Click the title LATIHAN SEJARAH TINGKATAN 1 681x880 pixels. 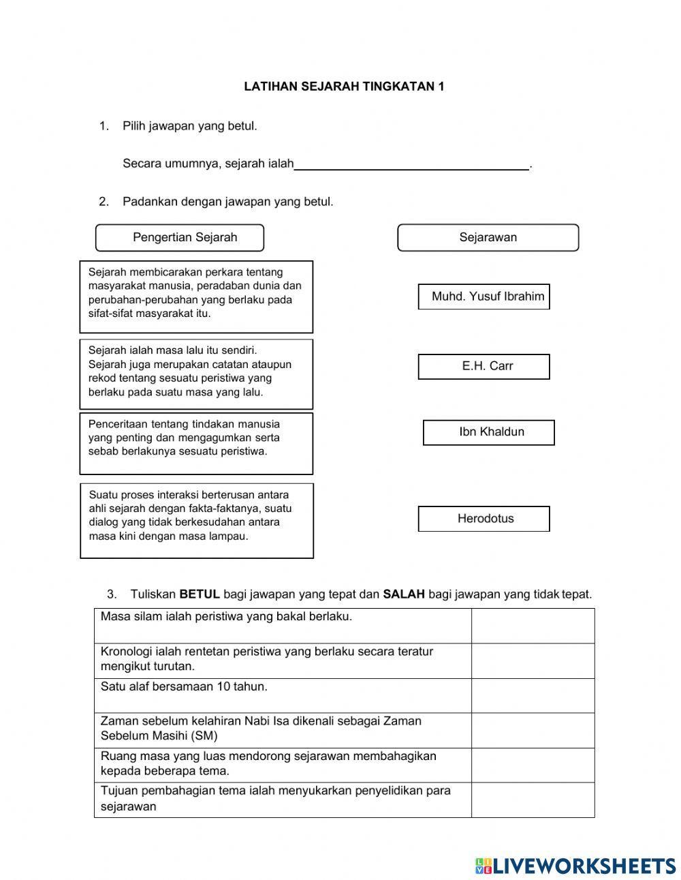[x=344, y=87]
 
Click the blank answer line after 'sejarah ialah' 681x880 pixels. [x=411, y=164]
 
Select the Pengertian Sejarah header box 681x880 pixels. [x=179, y=238]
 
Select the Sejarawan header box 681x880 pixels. [x=488, y=238]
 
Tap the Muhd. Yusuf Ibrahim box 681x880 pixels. [x=484, y=297]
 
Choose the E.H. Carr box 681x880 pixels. [x=484, y=366]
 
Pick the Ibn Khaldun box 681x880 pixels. [x=488, y=432]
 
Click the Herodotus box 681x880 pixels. [x=484, y=519]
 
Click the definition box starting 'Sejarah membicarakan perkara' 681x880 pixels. [x=196, y=297]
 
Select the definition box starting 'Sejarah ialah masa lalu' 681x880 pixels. [x=196, y=374]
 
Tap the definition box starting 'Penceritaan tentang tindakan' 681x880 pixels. [x=196, y=443]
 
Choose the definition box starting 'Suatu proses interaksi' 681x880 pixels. [x=197, y=521]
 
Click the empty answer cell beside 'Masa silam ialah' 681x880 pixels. [x=533, y=626]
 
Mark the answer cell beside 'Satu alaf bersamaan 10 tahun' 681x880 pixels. [x=533, y=695]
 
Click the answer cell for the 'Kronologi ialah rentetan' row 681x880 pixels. [x=533, y=661]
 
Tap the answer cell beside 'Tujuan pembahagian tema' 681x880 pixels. [x=533, y=800]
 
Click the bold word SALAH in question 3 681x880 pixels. [x=403, y=594]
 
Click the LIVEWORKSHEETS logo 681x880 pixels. [x=575, y=866]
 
